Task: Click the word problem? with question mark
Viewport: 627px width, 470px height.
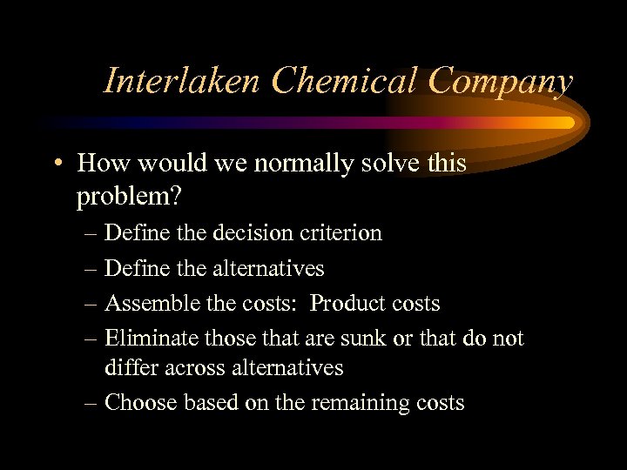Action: coord(129,197)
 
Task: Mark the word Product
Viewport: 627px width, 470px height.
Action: coord(347,304)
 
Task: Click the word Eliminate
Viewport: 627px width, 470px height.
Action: coord(151,338)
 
